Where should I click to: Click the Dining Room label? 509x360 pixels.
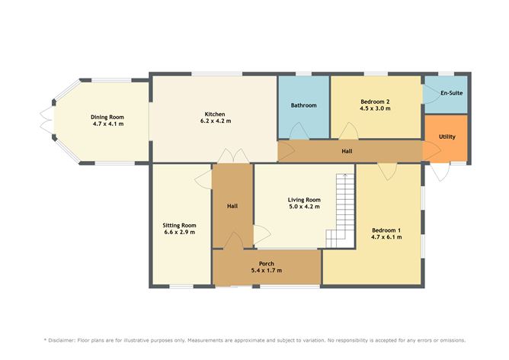click(107, 115)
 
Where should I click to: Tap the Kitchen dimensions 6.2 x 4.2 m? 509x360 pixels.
click(214, 121)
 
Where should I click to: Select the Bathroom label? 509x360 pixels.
click(303, 105)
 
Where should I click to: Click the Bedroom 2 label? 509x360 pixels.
click(374, 101)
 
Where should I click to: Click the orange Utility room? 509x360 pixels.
click(447, 137)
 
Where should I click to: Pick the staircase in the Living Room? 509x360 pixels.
click(343, 210)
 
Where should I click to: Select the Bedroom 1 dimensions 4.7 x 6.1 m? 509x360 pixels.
click(386, 237)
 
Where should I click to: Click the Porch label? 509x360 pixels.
click(266, 264)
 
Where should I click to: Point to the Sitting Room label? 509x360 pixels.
click(179, 225)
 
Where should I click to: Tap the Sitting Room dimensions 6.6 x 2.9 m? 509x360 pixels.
click(179, 233)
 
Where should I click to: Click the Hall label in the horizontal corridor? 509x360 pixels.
click(347, 151)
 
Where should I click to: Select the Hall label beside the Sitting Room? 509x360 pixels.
click(232, 206)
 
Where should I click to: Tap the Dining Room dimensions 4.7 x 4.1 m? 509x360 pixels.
click(107, 123)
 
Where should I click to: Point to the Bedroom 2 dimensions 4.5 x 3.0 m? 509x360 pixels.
click(374, 108)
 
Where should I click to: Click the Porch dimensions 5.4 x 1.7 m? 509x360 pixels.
click(266, 272)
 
